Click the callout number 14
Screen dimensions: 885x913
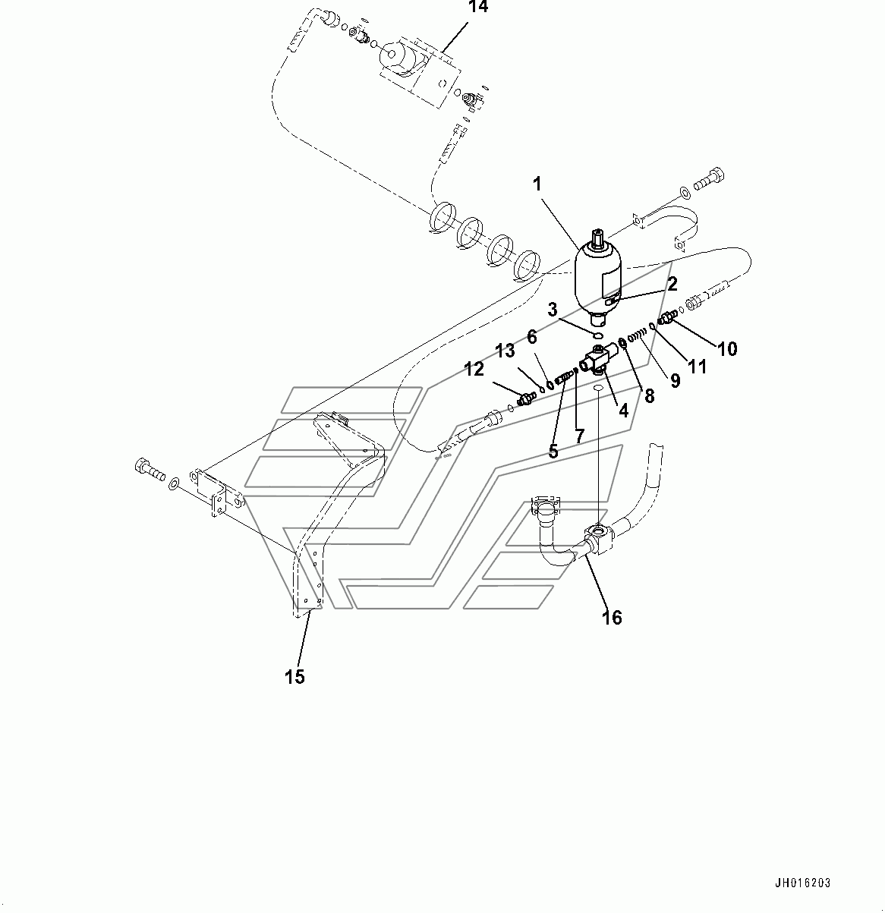pyautogui.click(x=477, y=7)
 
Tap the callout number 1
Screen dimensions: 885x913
pyautogui.click(x=537, y=184)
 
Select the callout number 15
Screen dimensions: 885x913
pyautogui.click(x=294, y=676)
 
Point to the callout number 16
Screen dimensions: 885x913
pyautogui.click(x=612, y=618)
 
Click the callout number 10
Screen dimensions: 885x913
pyautogui.click(x=727, y=349)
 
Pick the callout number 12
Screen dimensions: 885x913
pyautogui.click(x=474, y=370)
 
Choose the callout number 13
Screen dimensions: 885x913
pyautogui.click(x=505, y=351)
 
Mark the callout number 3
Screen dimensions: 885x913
pyautogui.click(x=553, y=310)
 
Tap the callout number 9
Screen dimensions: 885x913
pyautogui.click(x=675, y=380)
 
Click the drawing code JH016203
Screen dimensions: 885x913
pyautogui.click(x=802, y=883)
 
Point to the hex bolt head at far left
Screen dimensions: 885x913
pyautogui.click(x=142, y=467)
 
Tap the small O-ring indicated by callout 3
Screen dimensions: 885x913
pyautogui.click(x=597, y=335)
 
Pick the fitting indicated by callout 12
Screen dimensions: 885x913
pyautogui.click(x=525, y=399)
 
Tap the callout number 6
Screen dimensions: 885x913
pyautogui.click(x=531, y=337)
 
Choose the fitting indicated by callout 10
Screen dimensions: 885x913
pyautogui.click(x=666, y=320)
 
